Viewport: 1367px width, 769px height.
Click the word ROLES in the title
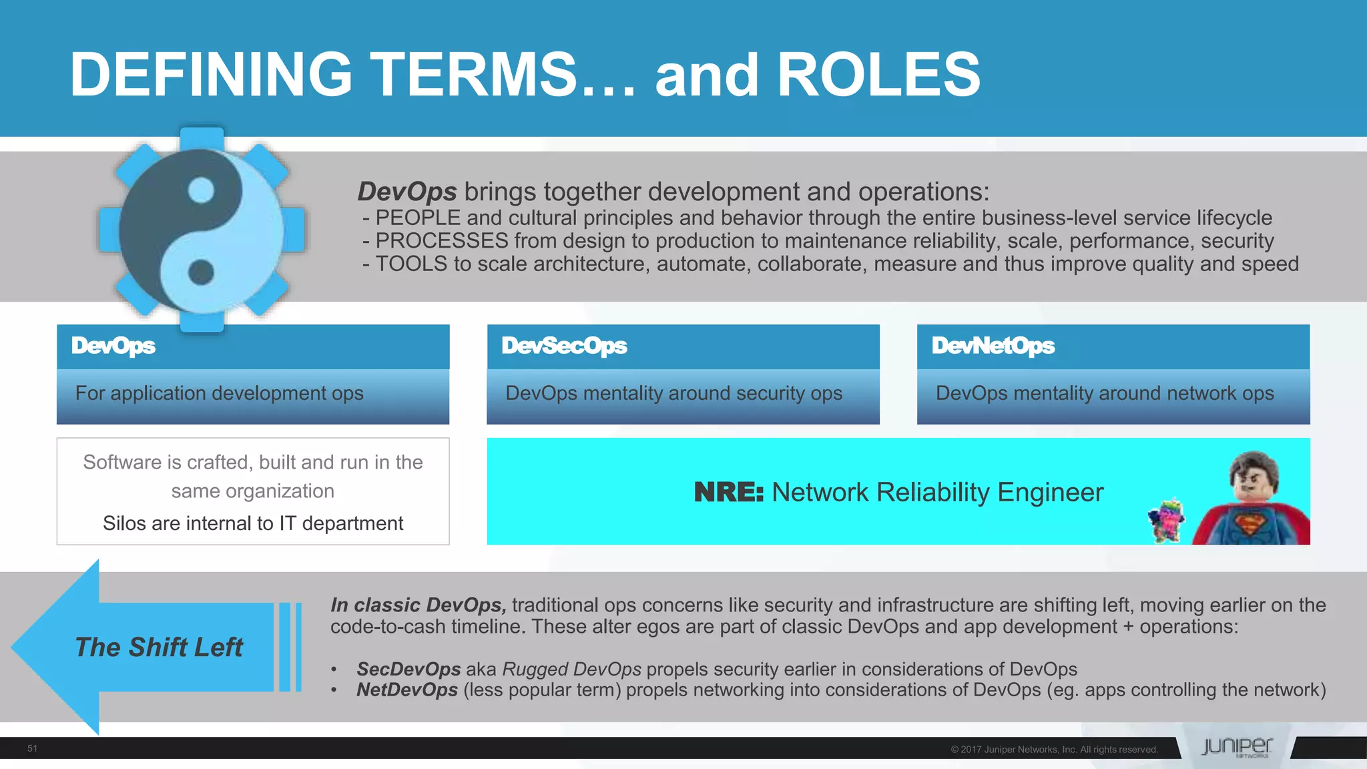(x=878, y=75)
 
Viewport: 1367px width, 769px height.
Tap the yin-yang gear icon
(x=202, y=230)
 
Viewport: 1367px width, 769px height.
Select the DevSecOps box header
(x=683, y=346)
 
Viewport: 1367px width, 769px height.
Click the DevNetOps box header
(x=1113, y=346)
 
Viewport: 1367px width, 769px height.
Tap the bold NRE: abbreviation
(x=728, y=493)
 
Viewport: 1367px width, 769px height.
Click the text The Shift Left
(x=159, y=648)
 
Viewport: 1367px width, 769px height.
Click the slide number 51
(x=32, y=748)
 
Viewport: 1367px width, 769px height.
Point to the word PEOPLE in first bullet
(x=418, y=218)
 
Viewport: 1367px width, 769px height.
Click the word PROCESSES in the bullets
(x=442, y=241)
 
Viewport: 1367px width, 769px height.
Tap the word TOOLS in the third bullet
(x=411, y=264)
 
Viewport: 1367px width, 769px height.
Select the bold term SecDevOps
(x=408, y=669)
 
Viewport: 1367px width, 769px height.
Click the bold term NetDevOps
(x=407, y=690)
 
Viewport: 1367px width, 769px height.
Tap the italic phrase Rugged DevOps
(x=571, y=669)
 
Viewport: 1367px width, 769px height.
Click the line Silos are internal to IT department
(x=253, y=523)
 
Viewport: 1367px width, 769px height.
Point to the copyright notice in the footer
(x=1054, y=750)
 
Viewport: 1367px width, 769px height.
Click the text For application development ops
(x=219, y=393)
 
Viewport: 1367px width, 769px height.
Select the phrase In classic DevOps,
(x=418, y=605)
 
